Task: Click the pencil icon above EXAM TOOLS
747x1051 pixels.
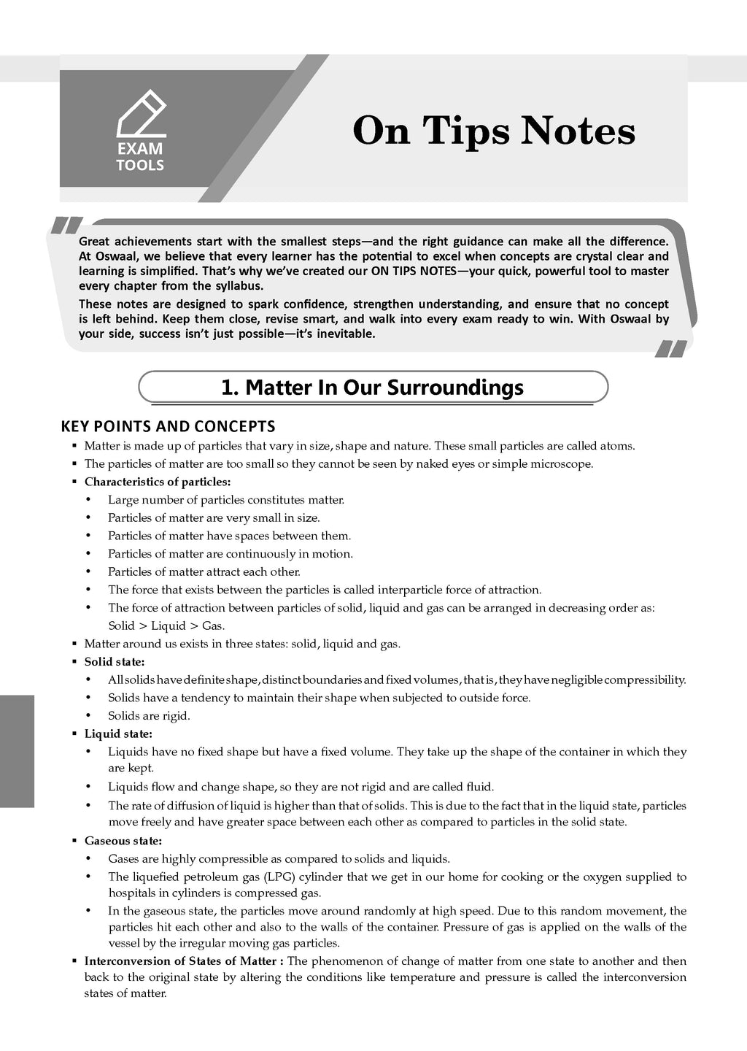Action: pyautogui.click(x=142, y=114)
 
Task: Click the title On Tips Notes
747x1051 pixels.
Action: pyautogui.click(x=494, y=132)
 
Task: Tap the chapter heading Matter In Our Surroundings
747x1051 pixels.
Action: pyautogui.click(x=372, y=387)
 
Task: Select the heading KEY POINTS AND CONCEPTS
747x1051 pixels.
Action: pyautogui.click(x=168, y=426)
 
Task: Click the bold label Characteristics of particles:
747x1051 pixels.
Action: pyautogui.click(x=158, y=482)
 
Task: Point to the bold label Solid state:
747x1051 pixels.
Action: pyautogui.click(x=115, y=662)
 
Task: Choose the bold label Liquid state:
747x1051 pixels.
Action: pyautogui.click(x=118, y=734)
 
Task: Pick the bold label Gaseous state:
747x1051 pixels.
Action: pyautogui.click(x=123, y=841)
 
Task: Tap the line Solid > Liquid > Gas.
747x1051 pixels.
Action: pyautogui.click(x=166, y=625)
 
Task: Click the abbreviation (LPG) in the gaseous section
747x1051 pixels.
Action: pyautogui.click(x=280, y=877)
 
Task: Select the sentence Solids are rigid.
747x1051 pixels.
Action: pyautogui.click(x=149, y=715)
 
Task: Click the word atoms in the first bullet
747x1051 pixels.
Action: pyautogui.click(x=617, y=446)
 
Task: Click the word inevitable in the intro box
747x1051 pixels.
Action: pyautogui.click(x=346, y=334)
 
